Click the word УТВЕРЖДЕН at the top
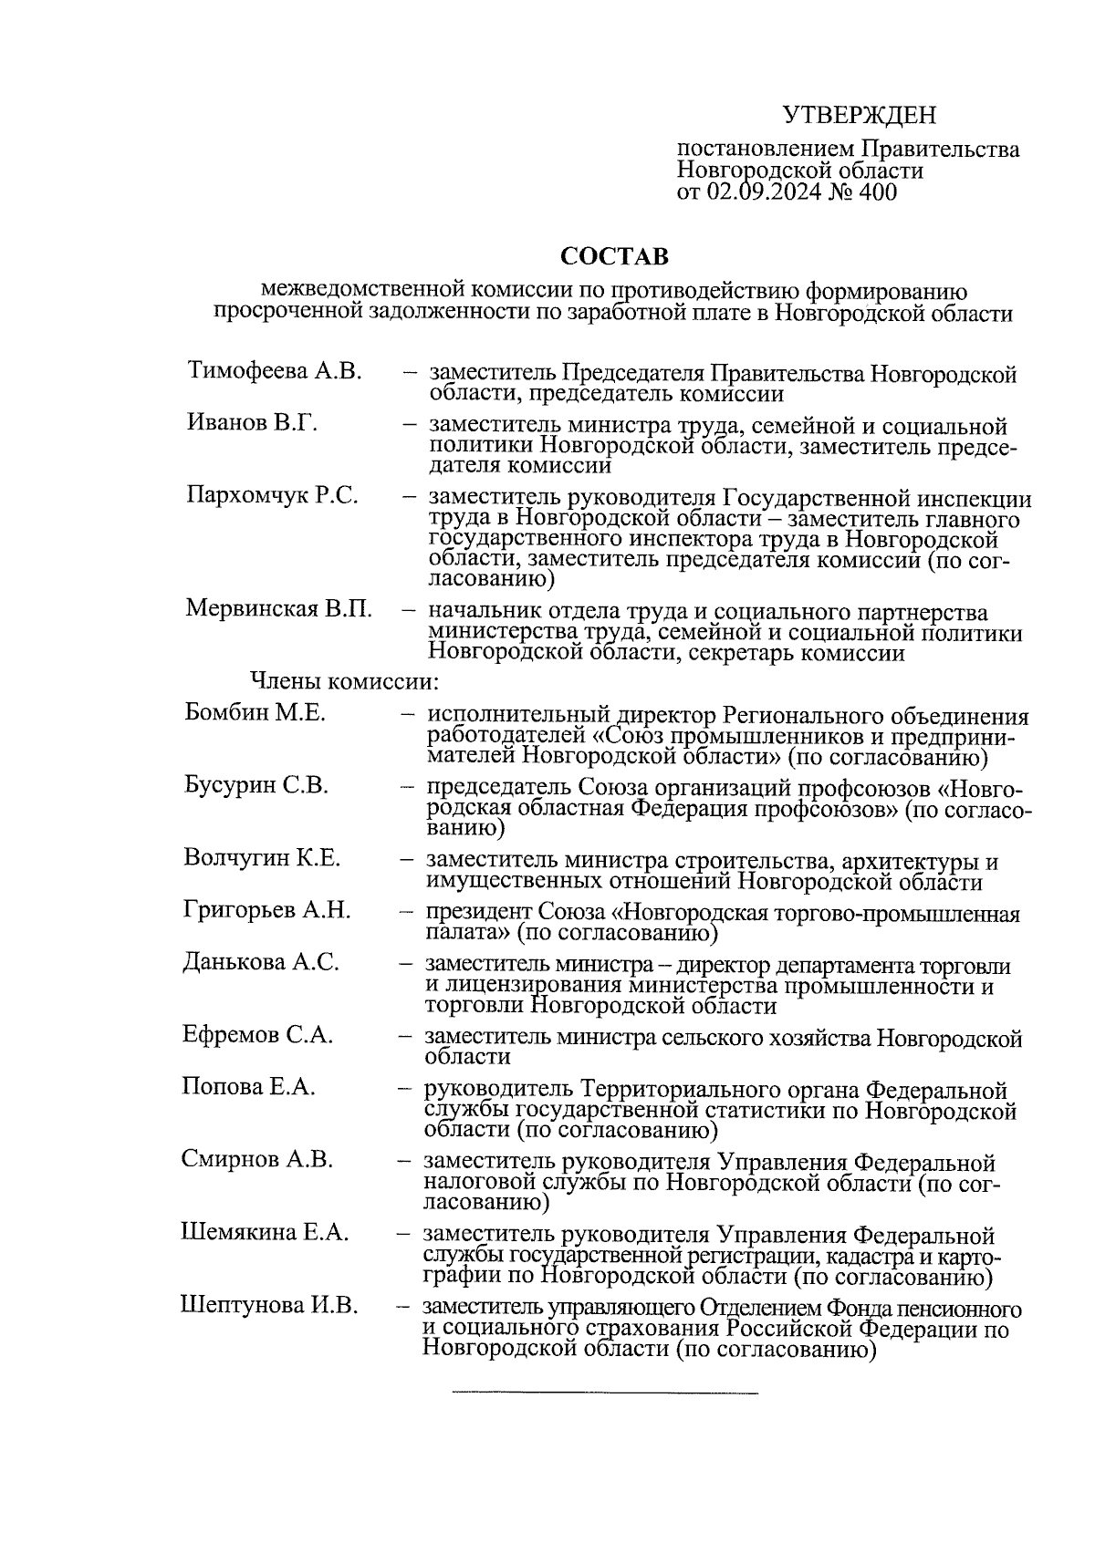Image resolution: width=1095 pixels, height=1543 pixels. [860, 116]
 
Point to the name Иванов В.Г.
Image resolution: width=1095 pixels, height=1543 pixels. [252, 423]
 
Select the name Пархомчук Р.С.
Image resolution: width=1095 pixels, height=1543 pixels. [272, 496]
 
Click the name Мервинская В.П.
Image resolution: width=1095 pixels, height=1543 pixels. [278, 608]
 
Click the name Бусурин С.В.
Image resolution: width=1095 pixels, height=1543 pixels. [255, 785]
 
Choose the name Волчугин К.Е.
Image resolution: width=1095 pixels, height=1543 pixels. [261, 858]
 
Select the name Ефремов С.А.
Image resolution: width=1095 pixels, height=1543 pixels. [257, 1035]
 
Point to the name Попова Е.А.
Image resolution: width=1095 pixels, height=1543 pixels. [248, 1087]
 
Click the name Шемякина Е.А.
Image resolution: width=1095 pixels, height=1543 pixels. [265, 1233]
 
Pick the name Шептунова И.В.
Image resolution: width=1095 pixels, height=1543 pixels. [269, 1306]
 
